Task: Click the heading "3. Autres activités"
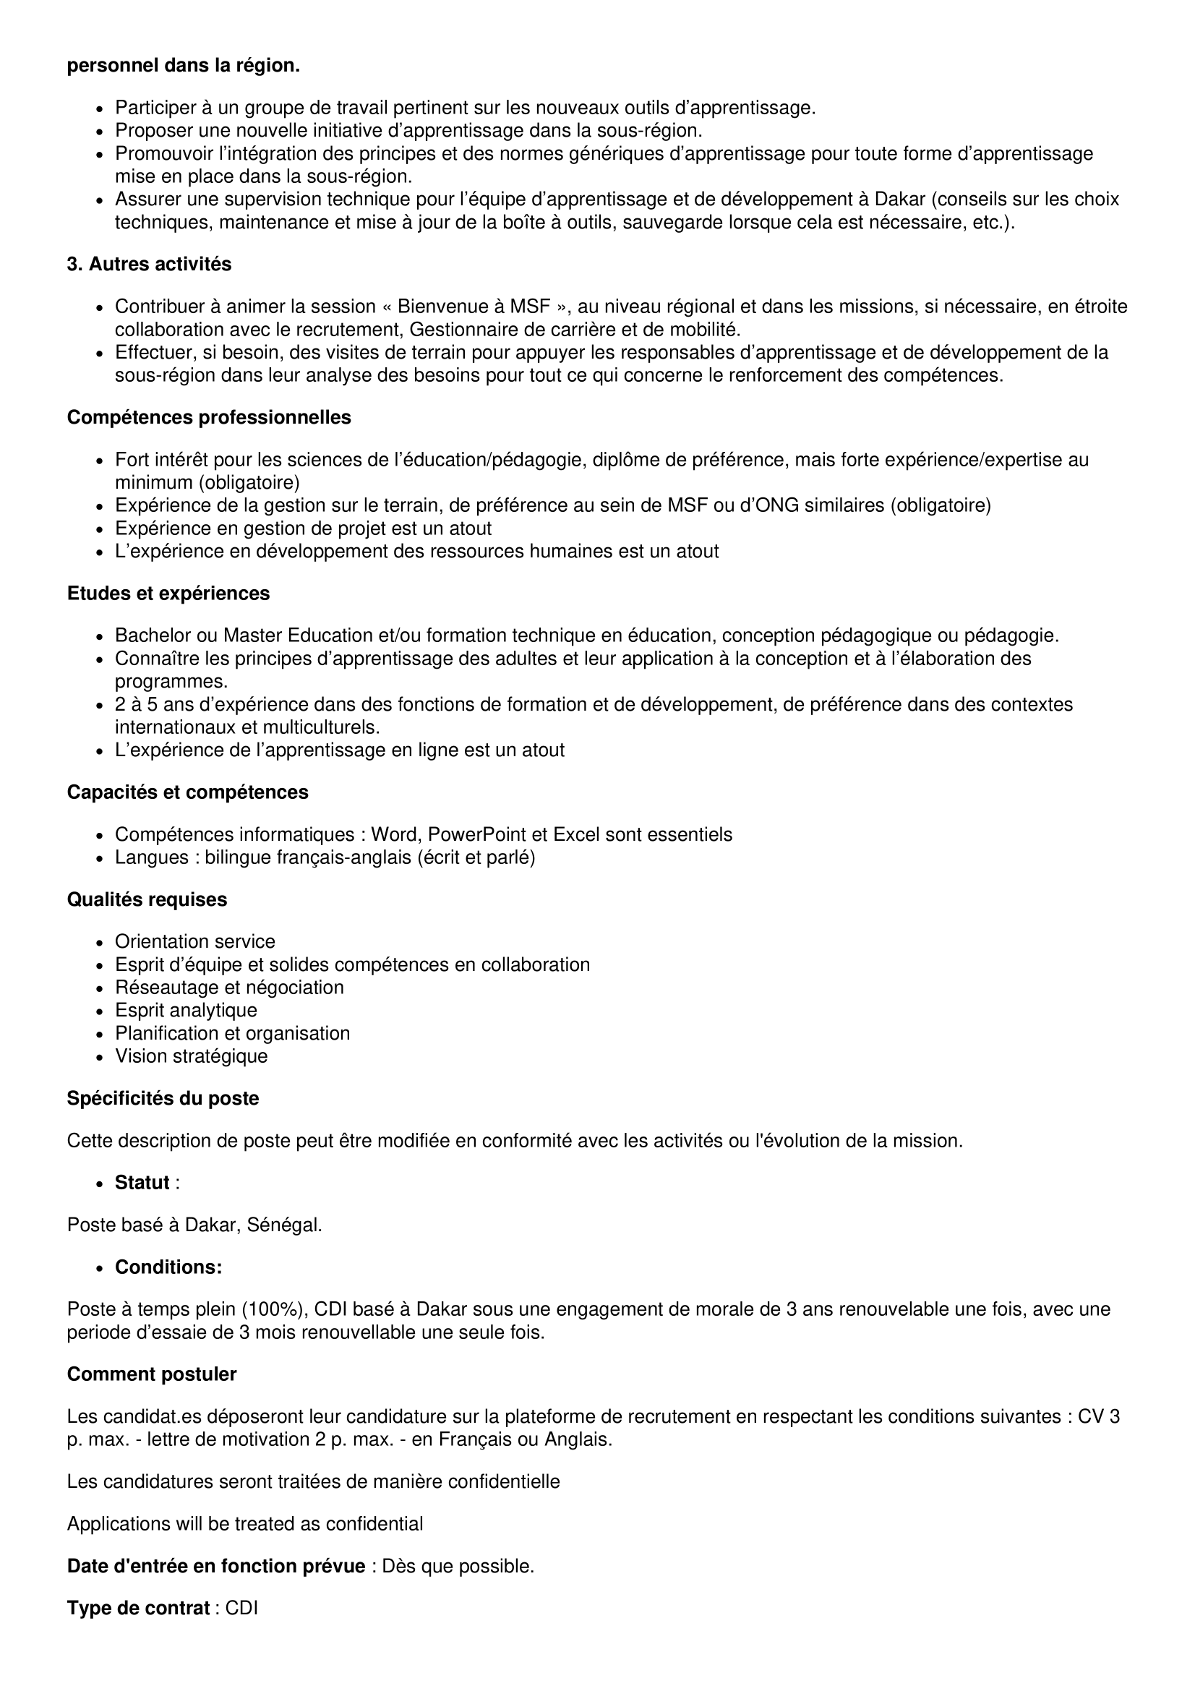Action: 149,265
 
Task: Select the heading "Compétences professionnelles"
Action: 209,418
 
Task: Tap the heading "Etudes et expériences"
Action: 168,594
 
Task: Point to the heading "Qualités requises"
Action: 147,900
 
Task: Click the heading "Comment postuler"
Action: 152,1374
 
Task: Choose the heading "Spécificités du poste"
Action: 163,1099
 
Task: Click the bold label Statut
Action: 142,1183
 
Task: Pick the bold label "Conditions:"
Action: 168,1267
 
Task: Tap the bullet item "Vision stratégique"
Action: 191,1056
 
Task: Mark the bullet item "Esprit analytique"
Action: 186,1011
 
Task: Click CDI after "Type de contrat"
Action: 241,1609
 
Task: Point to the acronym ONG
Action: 768,506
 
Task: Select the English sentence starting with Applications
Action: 244,1524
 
